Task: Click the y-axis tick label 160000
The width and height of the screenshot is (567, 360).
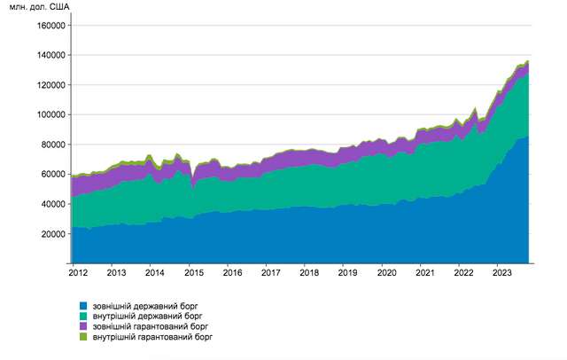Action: tap(50, 26)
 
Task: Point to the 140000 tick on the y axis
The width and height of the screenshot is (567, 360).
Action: tap(50, 55)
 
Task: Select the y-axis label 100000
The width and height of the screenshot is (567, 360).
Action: tap(50, 114)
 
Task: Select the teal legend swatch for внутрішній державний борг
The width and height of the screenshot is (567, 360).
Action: tap(83, 316)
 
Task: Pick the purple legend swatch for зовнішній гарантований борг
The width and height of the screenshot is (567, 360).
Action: tap(83, 326)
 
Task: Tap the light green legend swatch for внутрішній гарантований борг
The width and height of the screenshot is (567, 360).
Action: tap(83, 337)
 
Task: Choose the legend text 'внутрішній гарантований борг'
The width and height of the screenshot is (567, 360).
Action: tap(153, 337)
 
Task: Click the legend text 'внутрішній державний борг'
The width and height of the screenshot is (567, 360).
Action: tap(147, 316)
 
